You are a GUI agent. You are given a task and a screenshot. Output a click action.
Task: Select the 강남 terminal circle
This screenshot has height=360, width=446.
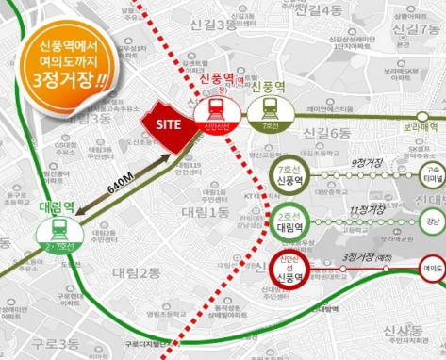pos(433,221)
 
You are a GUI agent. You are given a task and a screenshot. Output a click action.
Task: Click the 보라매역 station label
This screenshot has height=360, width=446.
pos(421,126)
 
